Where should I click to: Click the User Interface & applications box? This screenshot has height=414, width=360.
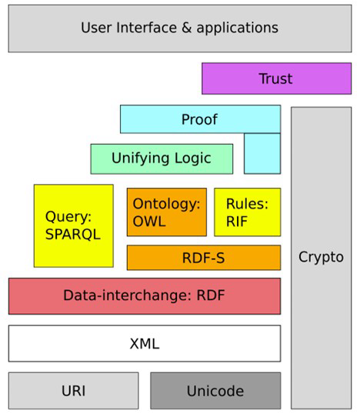point(179,28)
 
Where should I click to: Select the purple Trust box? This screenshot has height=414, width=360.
point(276,78)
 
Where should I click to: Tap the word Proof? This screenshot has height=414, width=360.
point(199,119)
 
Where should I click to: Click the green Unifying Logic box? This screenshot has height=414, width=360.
point(162,159)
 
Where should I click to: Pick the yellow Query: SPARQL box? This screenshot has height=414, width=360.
point(73,225)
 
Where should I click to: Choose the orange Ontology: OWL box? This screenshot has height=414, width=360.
point(166,212)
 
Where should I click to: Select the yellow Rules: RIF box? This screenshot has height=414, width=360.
point(247,212)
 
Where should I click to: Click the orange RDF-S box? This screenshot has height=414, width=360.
point(203,258)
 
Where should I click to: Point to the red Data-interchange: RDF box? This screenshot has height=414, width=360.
point(144,295)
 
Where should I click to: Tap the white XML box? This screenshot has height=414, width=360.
point(144,343)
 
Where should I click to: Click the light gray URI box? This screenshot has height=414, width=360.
point(73,391)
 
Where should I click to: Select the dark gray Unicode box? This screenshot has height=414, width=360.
point(215,391)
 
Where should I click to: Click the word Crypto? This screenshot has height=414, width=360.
point(321,257)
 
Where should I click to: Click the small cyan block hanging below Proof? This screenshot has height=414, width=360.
point(262,153)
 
